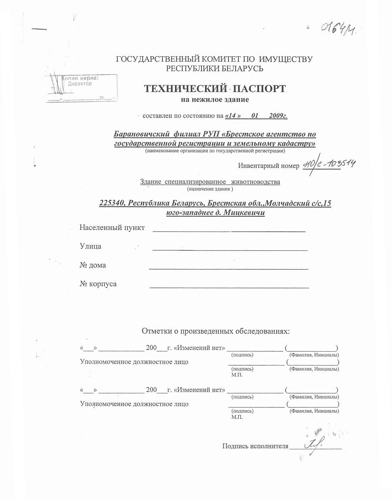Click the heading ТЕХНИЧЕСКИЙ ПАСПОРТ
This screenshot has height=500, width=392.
215,89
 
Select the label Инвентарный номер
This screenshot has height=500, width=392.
269,166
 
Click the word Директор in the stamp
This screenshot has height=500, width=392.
80,83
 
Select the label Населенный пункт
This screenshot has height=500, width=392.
112,227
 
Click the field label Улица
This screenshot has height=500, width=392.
90,246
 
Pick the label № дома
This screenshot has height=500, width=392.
92,265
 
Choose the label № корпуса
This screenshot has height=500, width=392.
98,284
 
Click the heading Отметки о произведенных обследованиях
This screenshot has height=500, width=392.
215,331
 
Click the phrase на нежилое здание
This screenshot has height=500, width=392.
215,100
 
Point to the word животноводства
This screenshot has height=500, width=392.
256,182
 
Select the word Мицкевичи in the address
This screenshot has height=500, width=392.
245,213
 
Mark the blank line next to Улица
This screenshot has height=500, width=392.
230,249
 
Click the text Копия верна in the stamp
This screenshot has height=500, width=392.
81,77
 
